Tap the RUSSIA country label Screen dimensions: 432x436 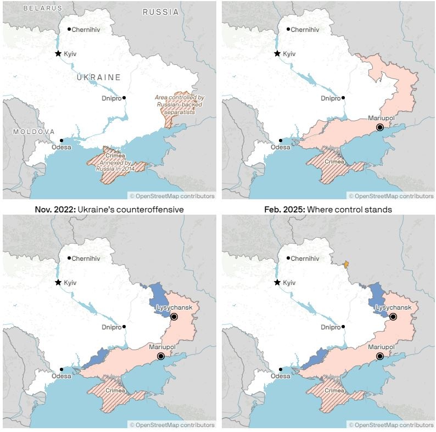[160, 12]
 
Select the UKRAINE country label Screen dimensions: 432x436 [98, 77]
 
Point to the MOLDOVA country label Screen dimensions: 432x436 [34, 132]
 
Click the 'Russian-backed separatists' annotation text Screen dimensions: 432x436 [179, 104]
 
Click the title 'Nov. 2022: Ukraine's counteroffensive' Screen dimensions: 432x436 [109, 209]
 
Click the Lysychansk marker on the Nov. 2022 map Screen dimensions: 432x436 [174, 317]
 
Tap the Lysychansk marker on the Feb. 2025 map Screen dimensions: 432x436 [393, 317]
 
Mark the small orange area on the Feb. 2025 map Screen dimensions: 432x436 [346, 264]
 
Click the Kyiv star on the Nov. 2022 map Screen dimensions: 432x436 [58, 282]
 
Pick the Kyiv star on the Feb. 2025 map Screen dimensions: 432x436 [277, 282]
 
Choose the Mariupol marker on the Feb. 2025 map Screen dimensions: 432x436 [379, 356]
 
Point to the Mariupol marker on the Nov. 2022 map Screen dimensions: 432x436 [160, 356]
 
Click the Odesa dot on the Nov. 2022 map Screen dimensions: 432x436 [62, 369]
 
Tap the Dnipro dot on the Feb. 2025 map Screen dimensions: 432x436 [343, 327]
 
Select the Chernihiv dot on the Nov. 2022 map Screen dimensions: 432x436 [69, 258]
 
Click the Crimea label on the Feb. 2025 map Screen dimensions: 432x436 [334, 391]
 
